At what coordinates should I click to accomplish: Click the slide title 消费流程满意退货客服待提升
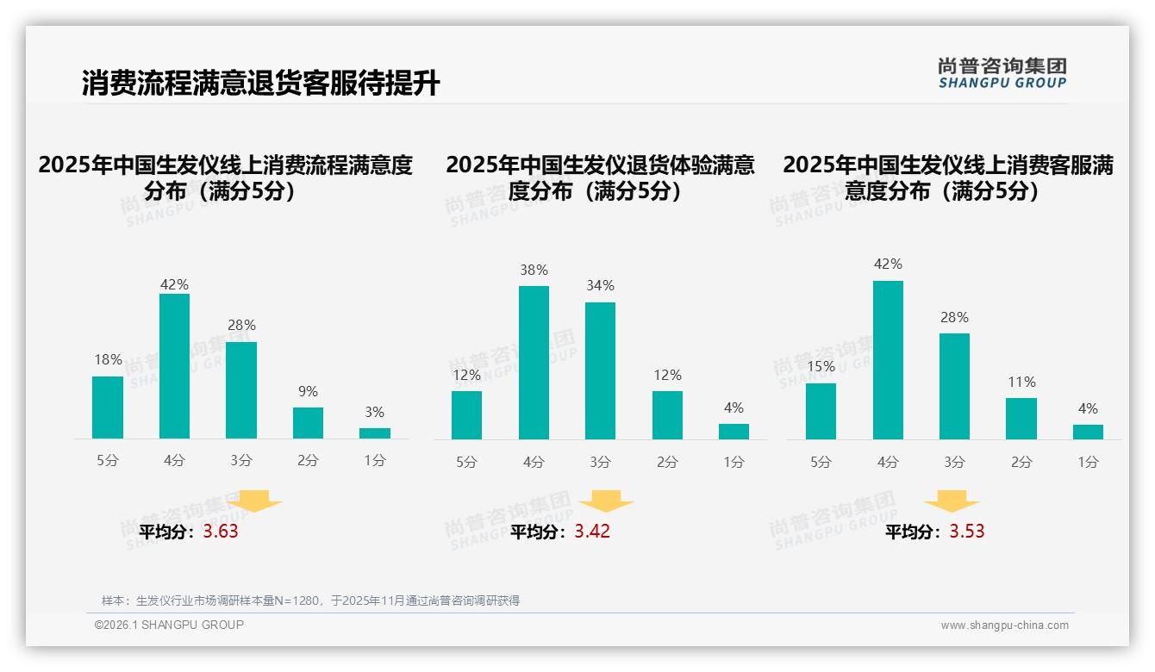(x=260, y=83)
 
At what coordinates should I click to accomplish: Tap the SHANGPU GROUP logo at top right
(x=1002, y=73)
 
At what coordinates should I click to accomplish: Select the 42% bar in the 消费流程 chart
(x=174, y=366)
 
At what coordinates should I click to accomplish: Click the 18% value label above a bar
(x=108, y=360)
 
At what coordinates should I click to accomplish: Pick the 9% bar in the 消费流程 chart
(x=308, y=423)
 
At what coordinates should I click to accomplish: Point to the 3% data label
(x=374, y=413)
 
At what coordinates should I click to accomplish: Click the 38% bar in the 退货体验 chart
(x=534, y=363)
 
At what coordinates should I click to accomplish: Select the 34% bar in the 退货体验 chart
(x=600, y=370)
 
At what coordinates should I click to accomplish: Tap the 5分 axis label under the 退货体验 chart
(x=466, y=462)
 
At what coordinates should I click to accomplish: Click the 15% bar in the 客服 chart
(x=821, y=411)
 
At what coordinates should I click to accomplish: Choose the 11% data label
(x=1021, y=382)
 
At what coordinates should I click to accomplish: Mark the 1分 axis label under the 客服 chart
(x=1088, y=462)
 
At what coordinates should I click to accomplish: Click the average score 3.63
(x=221, y=532)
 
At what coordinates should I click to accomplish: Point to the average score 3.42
(x=592, y=532)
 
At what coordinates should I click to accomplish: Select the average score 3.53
(x=966, y=532)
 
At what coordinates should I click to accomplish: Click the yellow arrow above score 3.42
(x=606, y=501)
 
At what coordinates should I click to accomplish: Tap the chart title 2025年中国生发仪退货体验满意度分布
(x=600, y=177)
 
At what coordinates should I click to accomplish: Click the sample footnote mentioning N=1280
(x=310, y=600)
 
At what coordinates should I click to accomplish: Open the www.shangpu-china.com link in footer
(x=1004, y=625)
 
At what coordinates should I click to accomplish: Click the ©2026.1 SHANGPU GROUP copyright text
(x=169, y=625)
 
